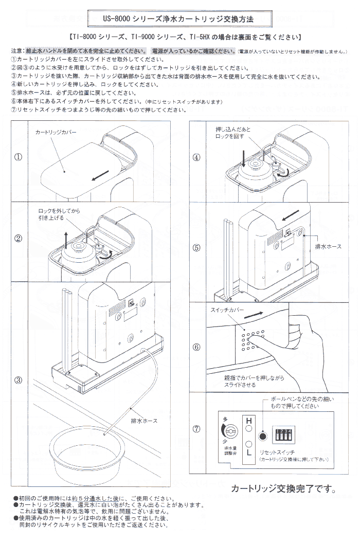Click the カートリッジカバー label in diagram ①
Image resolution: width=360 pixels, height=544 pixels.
coord(56,133)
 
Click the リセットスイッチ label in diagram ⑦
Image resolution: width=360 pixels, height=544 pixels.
coord(277,450)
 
